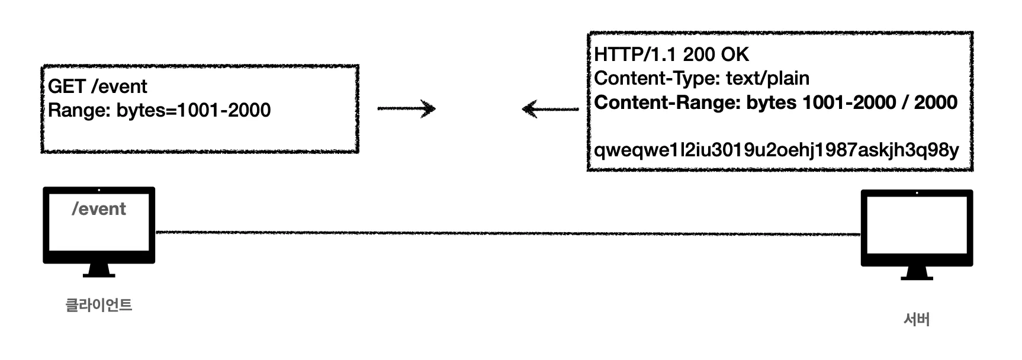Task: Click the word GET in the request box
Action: pyautogui.click(x=66, y=86)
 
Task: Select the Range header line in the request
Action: pyautogui.click(x=159, y=110)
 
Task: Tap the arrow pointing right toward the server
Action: pyautogui.click(x=406, y=108)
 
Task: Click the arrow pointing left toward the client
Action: pyautogui.click(x=550, y=109)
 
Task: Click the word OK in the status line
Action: pyautogui.click(x=735, y=54)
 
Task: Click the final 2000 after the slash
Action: pyautogui.click(x=936, y=102)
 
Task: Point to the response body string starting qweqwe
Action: pyautogui.click(x=776, y=150)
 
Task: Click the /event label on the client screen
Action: pyautogui.click(x=99, y=209)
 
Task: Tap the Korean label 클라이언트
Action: pyautogui.click(x=98, y=305)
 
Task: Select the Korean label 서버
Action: pyautogui.click(x=917, y=320)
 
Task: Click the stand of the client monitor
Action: pyautogui.click(x=99, y=271)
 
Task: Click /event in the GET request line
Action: pyautogui.click(x=119, y=86)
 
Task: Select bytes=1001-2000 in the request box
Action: pyautogui.click(x=193, y=110)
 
